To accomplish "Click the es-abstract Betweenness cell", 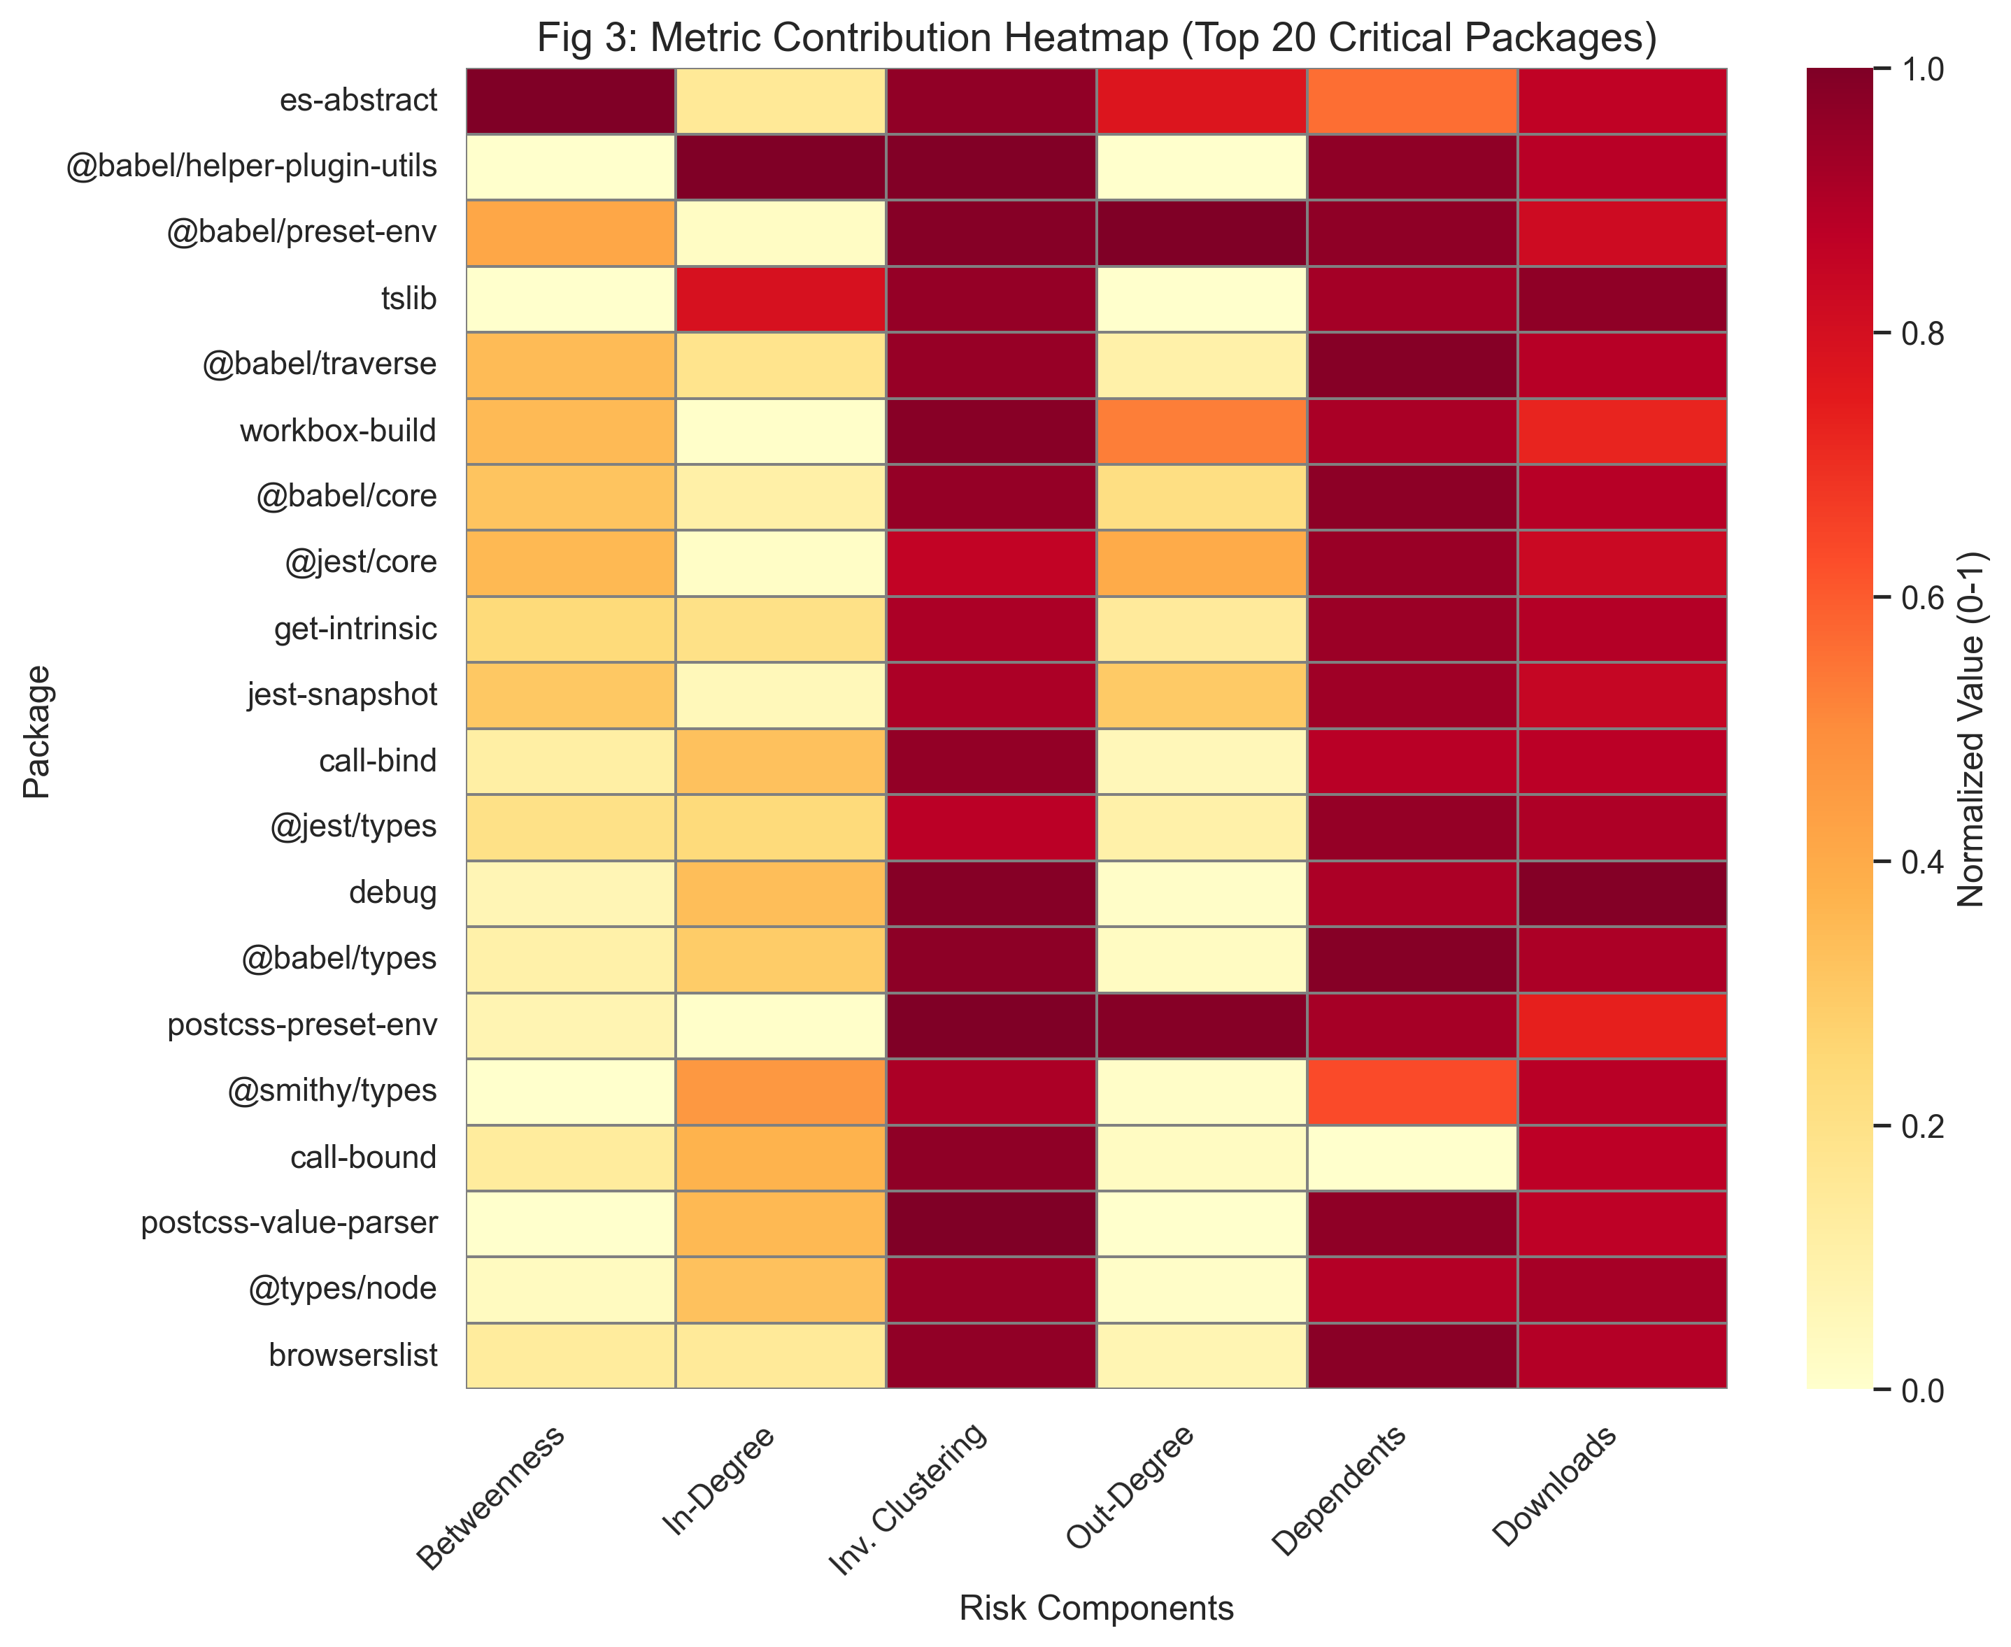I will coord(570,101).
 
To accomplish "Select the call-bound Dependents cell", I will coord(1412,1157).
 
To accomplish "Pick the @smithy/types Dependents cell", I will coord(1412,1091).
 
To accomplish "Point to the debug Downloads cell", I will coord(1622,893).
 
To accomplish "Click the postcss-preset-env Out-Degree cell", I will coord(1202,1025).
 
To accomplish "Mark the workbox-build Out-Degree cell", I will coord(1202,432).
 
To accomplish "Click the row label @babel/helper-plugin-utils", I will coord(252,168).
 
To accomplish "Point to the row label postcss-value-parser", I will coord(290,1224).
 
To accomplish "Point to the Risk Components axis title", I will coord(1096,1607).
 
